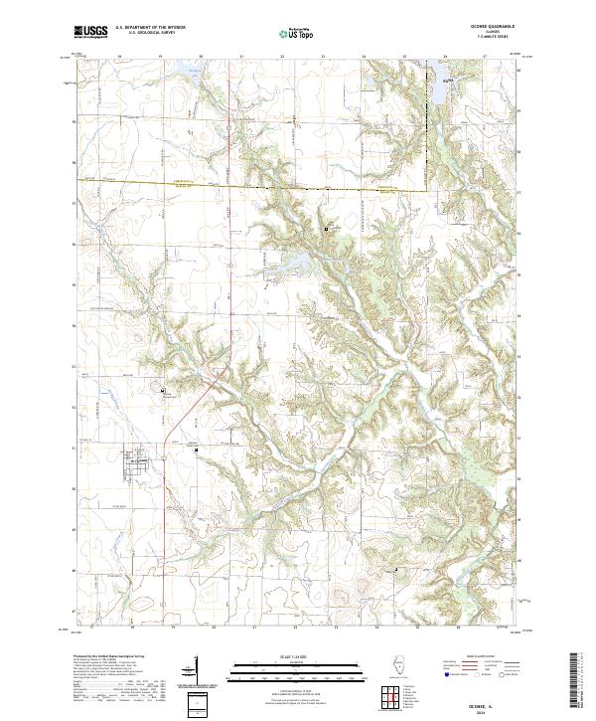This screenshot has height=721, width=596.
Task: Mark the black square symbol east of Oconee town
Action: coord(197,450)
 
